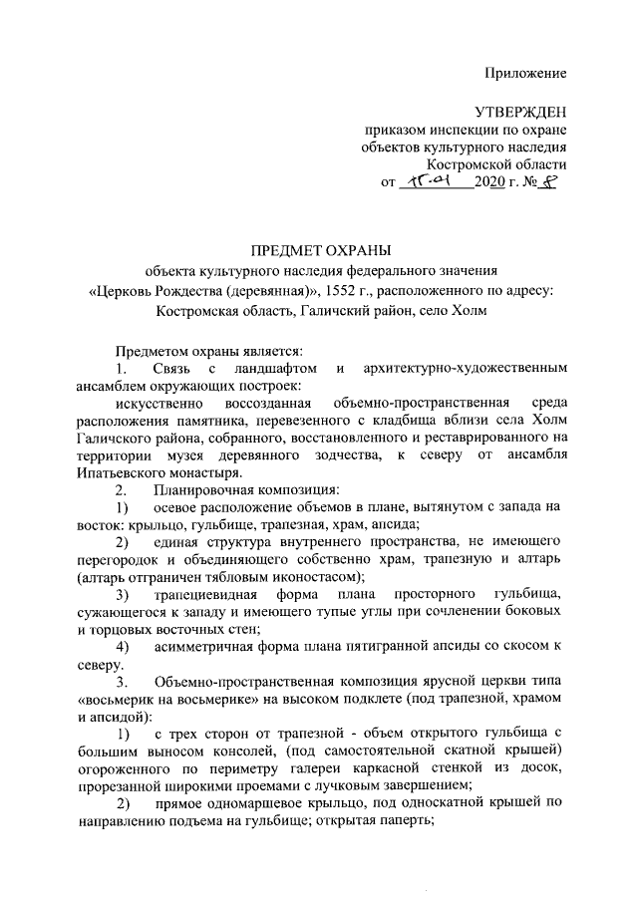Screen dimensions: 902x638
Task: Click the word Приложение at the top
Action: (x=525, y=73)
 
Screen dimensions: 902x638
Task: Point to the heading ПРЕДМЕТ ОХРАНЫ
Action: (x=319, y=248)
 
